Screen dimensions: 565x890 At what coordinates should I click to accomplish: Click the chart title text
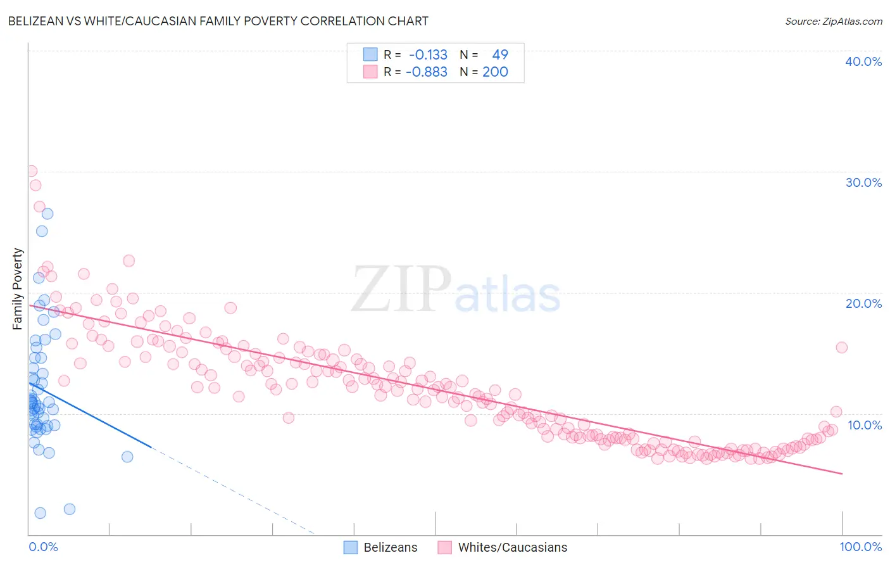(x=218, y=21)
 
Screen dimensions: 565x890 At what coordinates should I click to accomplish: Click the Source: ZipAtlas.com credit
(x=833, y=21)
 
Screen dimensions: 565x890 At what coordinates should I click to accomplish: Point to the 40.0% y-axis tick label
(x=863, y=61)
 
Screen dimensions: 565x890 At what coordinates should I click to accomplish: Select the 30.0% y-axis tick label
(x=863, y=182)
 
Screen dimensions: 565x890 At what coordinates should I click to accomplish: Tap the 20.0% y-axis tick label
(x=863, y=303)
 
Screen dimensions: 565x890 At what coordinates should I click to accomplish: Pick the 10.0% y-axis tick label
(x=865, y=425)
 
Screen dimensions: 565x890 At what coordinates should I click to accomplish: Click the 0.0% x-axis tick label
(x=43, y=547)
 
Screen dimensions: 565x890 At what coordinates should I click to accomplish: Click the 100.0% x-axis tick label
(x=860, y=547)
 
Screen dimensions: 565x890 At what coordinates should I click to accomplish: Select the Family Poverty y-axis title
(x=18, y=289)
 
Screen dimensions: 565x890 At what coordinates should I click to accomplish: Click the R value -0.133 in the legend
(x=428, y=55)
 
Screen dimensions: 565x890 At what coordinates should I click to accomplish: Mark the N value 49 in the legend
(x=500, y=55)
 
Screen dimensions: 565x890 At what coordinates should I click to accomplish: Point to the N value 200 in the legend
(x=495, y=72)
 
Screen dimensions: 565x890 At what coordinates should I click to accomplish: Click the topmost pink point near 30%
(x=31, y=171)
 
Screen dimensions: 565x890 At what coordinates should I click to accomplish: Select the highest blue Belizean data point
(x=47, y=213)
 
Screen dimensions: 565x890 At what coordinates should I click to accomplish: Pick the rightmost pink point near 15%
(x=841, y=347)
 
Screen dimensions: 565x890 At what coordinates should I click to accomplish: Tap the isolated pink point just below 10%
(x=289, y=417)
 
